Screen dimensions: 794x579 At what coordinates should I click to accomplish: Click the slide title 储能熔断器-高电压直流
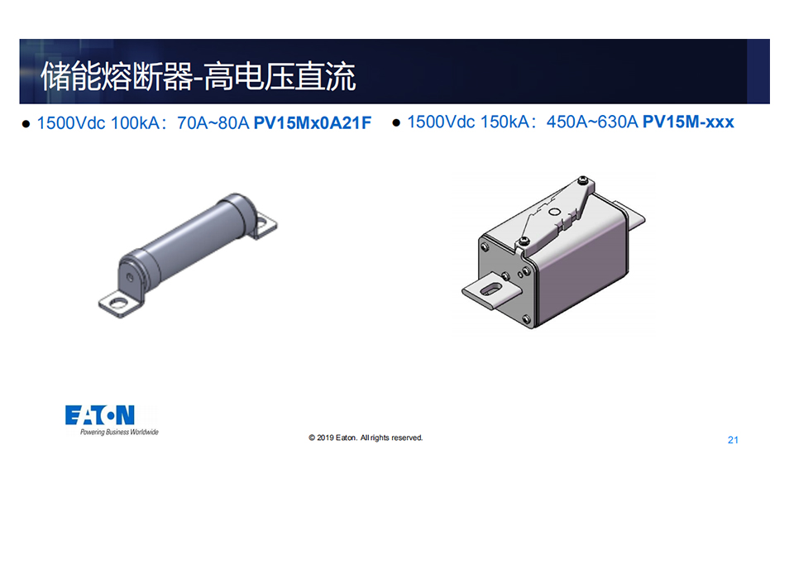click(x=198, y=76)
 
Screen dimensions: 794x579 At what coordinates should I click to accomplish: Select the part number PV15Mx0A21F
click(x=313, y=122)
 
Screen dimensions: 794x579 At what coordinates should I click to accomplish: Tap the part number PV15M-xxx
click(x=688, y=122)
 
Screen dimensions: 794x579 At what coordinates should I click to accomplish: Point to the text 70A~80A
click(x=213, y=122)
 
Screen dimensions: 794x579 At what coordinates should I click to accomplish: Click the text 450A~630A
click(x=592, y=122)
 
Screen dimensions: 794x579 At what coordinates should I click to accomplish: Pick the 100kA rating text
click(x=135, y=122)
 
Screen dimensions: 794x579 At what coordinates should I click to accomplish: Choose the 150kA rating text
click(x=505, y=122)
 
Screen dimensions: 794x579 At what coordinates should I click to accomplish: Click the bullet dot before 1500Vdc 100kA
click(x=26, y=123)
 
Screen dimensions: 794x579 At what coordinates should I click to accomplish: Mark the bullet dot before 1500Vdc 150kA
click(x=396, y=122)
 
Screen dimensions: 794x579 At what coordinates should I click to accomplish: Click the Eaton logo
click(x=100, y=415)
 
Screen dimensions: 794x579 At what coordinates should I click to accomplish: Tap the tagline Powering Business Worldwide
click(x=119, y=432)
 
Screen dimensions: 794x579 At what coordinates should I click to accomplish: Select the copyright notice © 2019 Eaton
click(x=366, y=438)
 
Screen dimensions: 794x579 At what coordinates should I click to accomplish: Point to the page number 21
click(x=733, y=440)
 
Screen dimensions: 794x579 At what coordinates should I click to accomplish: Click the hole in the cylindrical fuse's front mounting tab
click(x=118, y=303)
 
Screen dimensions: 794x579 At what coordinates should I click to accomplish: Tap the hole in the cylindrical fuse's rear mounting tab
click(x=263, y=222)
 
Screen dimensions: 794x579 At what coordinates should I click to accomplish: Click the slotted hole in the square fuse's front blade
click(x=490, y=289)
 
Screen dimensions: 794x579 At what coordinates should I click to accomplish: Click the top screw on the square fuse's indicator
click(x=584, y=179)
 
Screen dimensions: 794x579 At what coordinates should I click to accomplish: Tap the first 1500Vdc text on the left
click(x=71, y=122)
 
